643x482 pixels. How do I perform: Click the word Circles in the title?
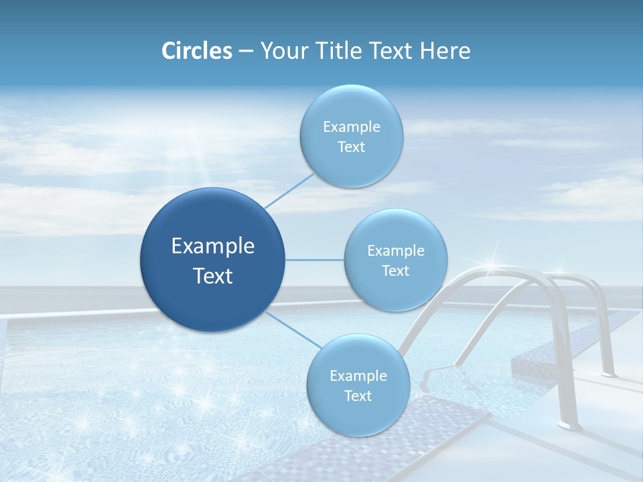coord(197,51)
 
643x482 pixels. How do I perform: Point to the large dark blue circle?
coord(212,260)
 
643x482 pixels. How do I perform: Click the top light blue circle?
coord(351,136)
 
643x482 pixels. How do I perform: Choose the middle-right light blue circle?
coord(395,260)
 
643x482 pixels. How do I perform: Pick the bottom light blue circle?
coord(358,385)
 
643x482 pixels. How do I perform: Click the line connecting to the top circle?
coord(289,189)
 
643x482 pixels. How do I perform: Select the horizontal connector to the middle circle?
coord(315,260)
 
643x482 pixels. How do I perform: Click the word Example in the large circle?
coord(213,246)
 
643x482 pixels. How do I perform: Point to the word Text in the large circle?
coord(213,276)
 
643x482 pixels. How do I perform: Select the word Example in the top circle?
coord(351,127)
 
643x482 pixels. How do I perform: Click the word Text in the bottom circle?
coord(358,396)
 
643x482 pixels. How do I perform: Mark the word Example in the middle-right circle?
coord(395,251)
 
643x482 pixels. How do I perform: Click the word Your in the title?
coord(281,51)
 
